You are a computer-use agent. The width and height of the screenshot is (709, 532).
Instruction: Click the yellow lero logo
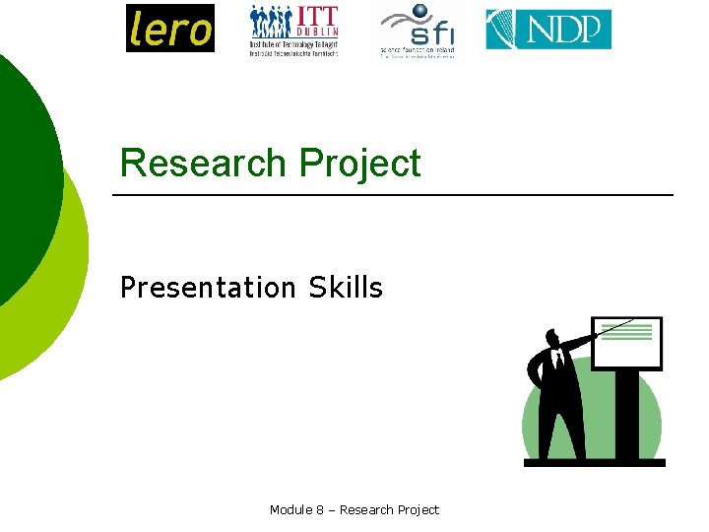(169, 28)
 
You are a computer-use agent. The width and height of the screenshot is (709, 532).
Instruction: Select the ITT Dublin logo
(293, 31)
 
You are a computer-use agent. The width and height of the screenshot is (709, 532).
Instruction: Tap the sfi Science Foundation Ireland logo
(418, 32)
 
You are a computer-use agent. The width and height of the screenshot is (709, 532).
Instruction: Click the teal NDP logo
(548, 30)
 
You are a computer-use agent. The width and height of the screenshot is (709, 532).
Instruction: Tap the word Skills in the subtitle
(345, 288)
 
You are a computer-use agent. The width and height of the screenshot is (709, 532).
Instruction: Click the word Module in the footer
(291, 509)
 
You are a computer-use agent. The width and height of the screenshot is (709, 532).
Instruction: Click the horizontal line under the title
(394, 195)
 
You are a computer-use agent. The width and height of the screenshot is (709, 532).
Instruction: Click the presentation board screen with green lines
(627, 343)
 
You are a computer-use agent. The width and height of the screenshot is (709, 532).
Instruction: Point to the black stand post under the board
(624, 414)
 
